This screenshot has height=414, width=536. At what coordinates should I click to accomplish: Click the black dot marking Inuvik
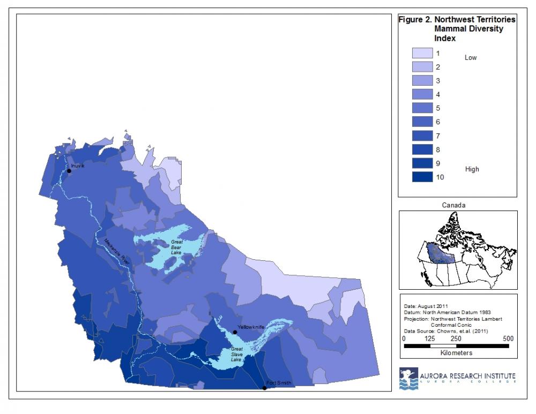click(x=69, y=171)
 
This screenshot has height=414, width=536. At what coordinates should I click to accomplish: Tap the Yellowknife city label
click(x=249, y=326)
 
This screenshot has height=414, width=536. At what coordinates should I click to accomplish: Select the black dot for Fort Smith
click(x=264, y=388)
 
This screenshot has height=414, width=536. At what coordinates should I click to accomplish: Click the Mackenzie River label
click(x=117, y=250)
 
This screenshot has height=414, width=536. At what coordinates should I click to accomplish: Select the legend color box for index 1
click(x=422, y=53)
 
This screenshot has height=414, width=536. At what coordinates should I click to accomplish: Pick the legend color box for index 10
click(x=422, y=177)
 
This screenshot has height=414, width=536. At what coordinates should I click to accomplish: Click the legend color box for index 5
click(x=422, y=108)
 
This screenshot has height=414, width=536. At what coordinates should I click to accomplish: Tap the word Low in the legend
click(x=470, y=58)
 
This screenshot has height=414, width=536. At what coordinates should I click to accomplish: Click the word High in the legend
click(x=472, y=169)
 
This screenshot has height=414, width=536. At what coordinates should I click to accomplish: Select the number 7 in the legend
click(x=438, y=136)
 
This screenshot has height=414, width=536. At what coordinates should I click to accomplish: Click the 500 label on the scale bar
click(x=508, y=338)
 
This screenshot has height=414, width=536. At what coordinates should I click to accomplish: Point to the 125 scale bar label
click(x=430, y=338)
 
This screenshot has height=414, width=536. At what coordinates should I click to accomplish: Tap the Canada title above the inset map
click(x=453, y=205)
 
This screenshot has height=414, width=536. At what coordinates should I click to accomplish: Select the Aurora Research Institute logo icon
click(x=408, y=378)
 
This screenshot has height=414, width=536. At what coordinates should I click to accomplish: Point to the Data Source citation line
click(x=439, y=330)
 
